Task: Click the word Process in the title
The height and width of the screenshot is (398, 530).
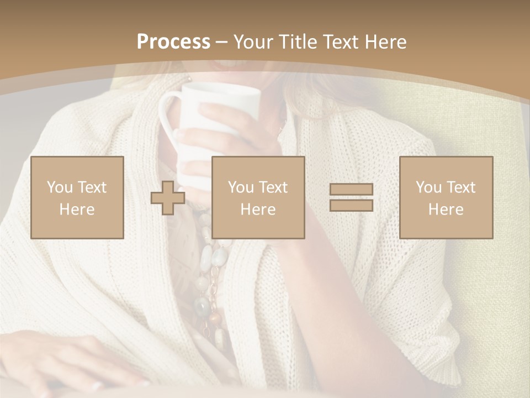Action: tap(173, 42)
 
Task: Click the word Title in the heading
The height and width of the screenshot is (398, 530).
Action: tap(299, 42)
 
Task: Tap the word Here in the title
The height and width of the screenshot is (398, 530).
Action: tap(385, 42)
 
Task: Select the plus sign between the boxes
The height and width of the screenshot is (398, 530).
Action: tap(168, 198)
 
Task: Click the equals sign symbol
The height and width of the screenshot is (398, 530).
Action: tap(351, 197)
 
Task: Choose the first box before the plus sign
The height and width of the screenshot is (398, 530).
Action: tap(77, 197)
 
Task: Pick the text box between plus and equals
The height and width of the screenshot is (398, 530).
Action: tap(258, 197)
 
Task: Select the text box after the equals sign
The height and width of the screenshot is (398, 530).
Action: tap(446, 197)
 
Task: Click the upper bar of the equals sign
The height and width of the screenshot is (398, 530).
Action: tap(351, 190)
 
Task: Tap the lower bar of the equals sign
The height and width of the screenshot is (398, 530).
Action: tap(351, 205)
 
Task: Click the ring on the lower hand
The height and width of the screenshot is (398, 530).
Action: tap(97, 385)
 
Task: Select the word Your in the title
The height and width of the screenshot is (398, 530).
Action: tap(252, 42)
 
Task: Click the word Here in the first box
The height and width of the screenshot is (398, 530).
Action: tap(77, 210)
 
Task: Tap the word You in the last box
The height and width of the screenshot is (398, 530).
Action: tap(427, 187)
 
